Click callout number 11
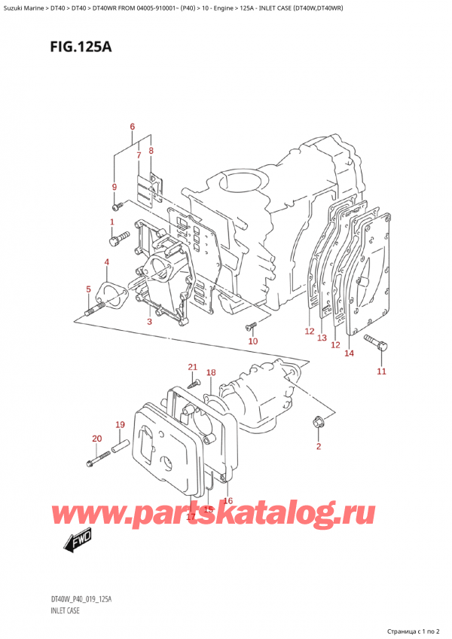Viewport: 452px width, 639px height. [381, 371]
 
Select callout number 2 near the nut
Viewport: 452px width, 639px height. [318, 447]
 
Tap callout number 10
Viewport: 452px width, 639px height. [253, 341]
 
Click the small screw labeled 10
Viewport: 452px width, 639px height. [251, 326]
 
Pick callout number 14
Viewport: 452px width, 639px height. [349, 353]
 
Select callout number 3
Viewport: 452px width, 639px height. [149, 322]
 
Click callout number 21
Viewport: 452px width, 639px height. [192, 367]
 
